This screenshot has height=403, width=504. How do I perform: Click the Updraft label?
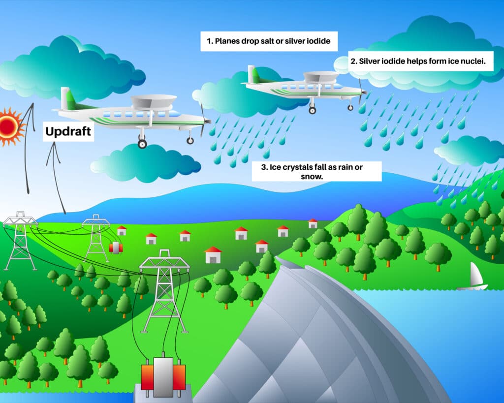click(68, 131)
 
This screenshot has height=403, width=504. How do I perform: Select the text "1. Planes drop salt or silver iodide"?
click(268, 41)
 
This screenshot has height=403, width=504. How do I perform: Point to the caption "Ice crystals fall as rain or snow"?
click(316, 171)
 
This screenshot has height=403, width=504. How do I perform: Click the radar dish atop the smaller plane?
click(320, 76)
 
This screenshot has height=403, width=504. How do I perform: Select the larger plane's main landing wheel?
click(142, 144)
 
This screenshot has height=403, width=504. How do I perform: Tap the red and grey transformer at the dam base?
click(163, 376)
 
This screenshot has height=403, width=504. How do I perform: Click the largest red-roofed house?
click(213, 255)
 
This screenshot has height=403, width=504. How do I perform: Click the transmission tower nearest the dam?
click(164, 290)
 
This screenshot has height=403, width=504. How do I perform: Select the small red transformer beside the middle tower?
click(116, 247)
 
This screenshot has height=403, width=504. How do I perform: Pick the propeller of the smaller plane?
click(363, 92)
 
